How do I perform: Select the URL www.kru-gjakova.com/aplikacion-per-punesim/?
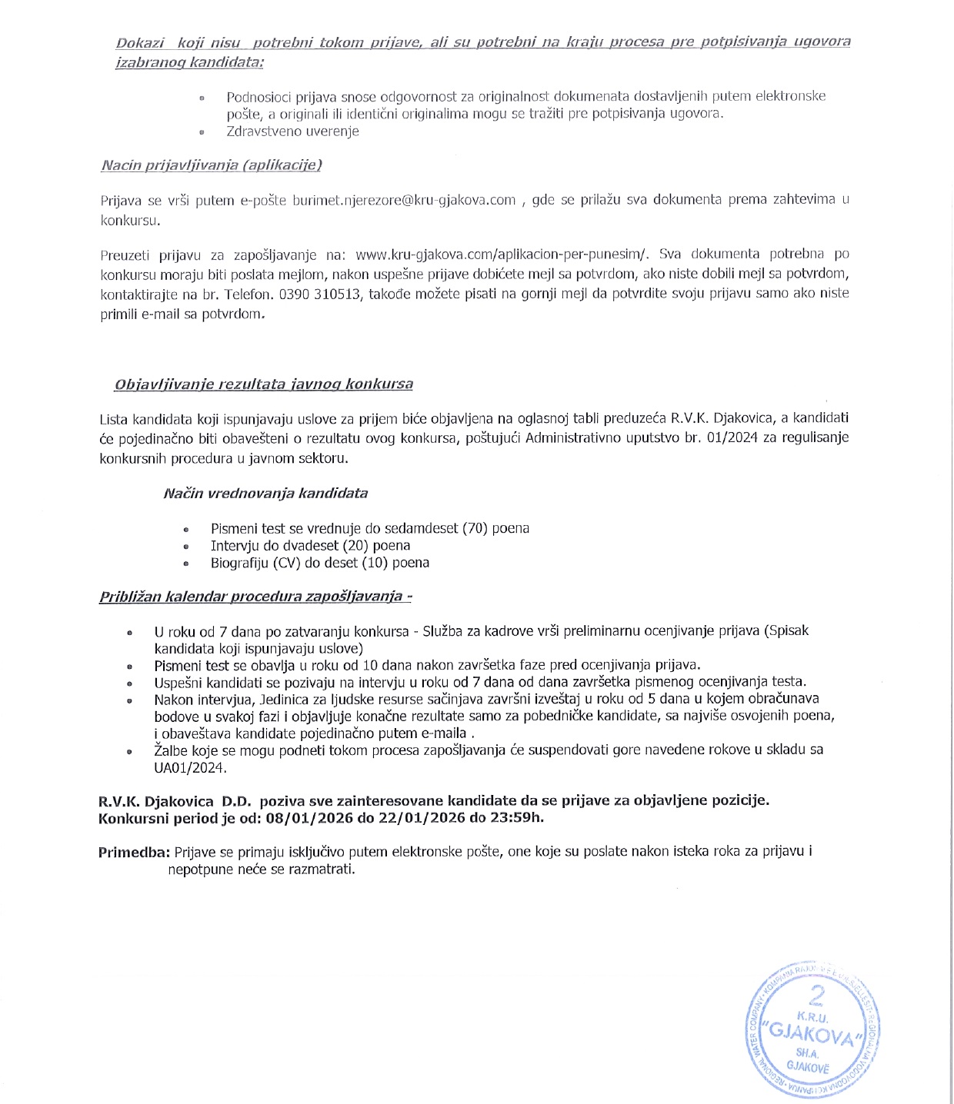503,254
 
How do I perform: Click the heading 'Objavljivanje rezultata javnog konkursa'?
264,384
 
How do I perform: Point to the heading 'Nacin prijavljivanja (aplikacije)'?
212,165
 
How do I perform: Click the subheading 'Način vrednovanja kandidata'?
265,494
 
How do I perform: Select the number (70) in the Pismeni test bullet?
475,528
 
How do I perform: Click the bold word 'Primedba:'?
134,853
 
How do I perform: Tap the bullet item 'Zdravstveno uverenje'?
292,131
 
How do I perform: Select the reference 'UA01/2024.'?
190,767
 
